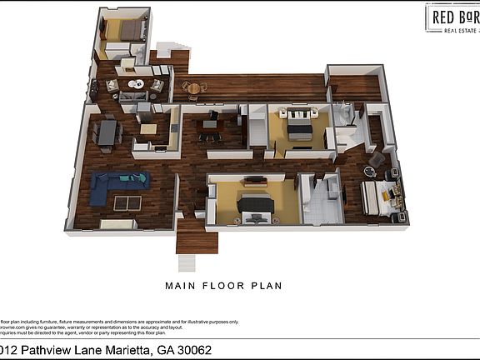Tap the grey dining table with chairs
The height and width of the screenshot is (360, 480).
(x=106, y=132)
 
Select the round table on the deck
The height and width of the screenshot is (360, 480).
(x=194, y=87)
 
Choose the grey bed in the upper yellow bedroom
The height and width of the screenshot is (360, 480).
(x=299, y=127)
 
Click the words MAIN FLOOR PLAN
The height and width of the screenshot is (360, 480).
(x=223, y=286)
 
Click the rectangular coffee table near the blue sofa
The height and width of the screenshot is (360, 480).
(x=129, y=202)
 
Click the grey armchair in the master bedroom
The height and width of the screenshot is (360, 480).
(x=377, y=157)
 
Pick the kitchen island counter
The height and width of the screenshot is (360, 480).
(x=149, y=129)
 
